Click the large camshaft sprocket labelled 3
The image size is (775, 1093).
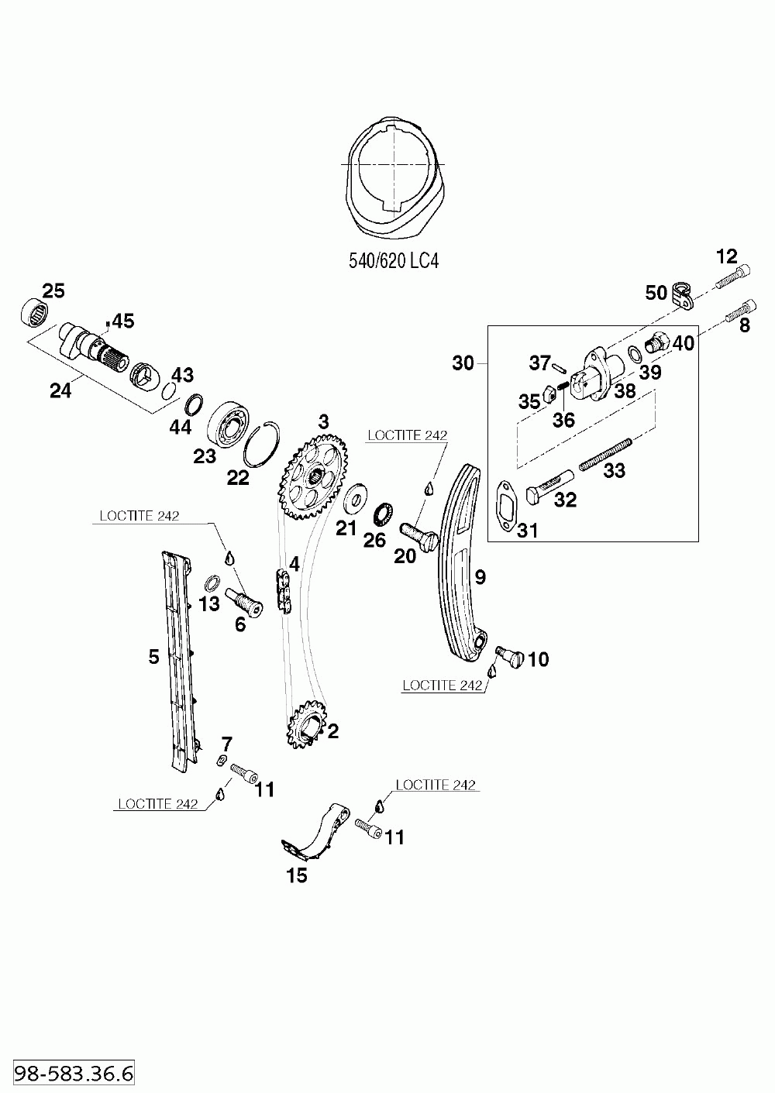(x=313, y=476)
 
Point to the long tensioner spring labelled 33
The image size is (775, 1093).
(x=605, y=454)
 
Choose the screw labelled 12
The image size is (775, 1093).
(x=733, y=277)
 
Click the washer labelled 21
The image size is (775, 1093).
(x=355, y=499)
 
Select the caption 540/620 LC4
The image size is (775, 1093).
(x=394, y=262)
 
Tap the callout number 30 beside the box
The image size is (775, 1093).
(x=463, y=363)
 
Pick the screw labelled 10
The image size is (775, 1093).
(x=509, y=656)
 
